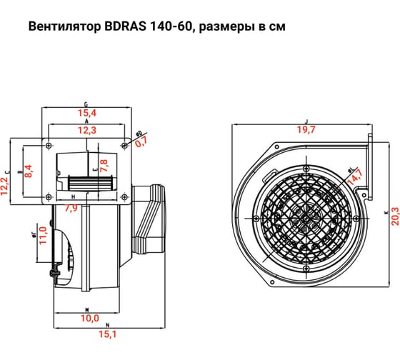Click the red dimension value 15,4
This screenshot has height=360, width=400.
pos(86,114)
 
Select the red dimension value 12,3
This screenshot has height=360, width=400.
pos(86,129)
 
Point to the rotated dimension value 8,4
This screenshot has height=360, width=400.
pos(29,170)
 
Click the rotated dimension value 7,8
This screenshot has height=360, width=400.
pos(104,166)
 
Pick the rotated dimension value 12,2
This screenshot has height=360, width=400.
pos(6,184)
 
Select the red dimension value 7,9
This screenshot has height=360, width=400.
pos(71,208)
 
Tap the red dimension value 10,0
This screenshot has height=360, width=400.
pos(89,318)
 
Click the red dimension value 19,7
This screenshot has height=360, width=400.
pos(305,129)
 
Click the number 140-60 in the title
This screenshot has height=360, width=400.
pos(171,28)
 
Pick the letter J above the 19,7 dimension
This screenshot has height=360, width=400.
pos(305,121)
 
